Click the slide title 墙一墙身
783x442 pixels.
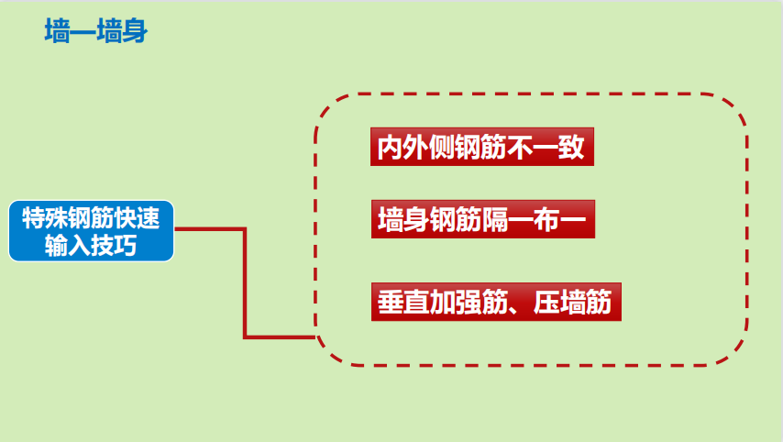pos(96,33)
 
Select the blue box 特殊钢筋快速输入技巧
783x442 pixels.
pos(91,231)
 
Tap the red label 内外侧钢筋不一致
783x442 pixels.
pos(482,148)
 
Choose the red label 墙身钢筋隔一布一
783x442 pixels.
pos(482,220)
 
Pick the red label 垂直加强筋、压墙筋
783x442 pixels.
pos(495,302)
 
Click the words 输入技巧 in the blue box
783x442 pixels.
pos(91,245)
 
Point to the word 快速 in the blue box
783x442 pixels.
pos(138,219)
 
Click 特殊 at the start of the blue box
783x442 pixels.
pos(43,219)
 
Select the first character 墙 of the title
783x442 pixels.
pos(57,33)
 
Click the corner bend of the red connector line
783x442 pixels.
pos(245,229)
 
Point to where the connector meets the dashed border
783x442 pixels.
pos(314,337)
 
